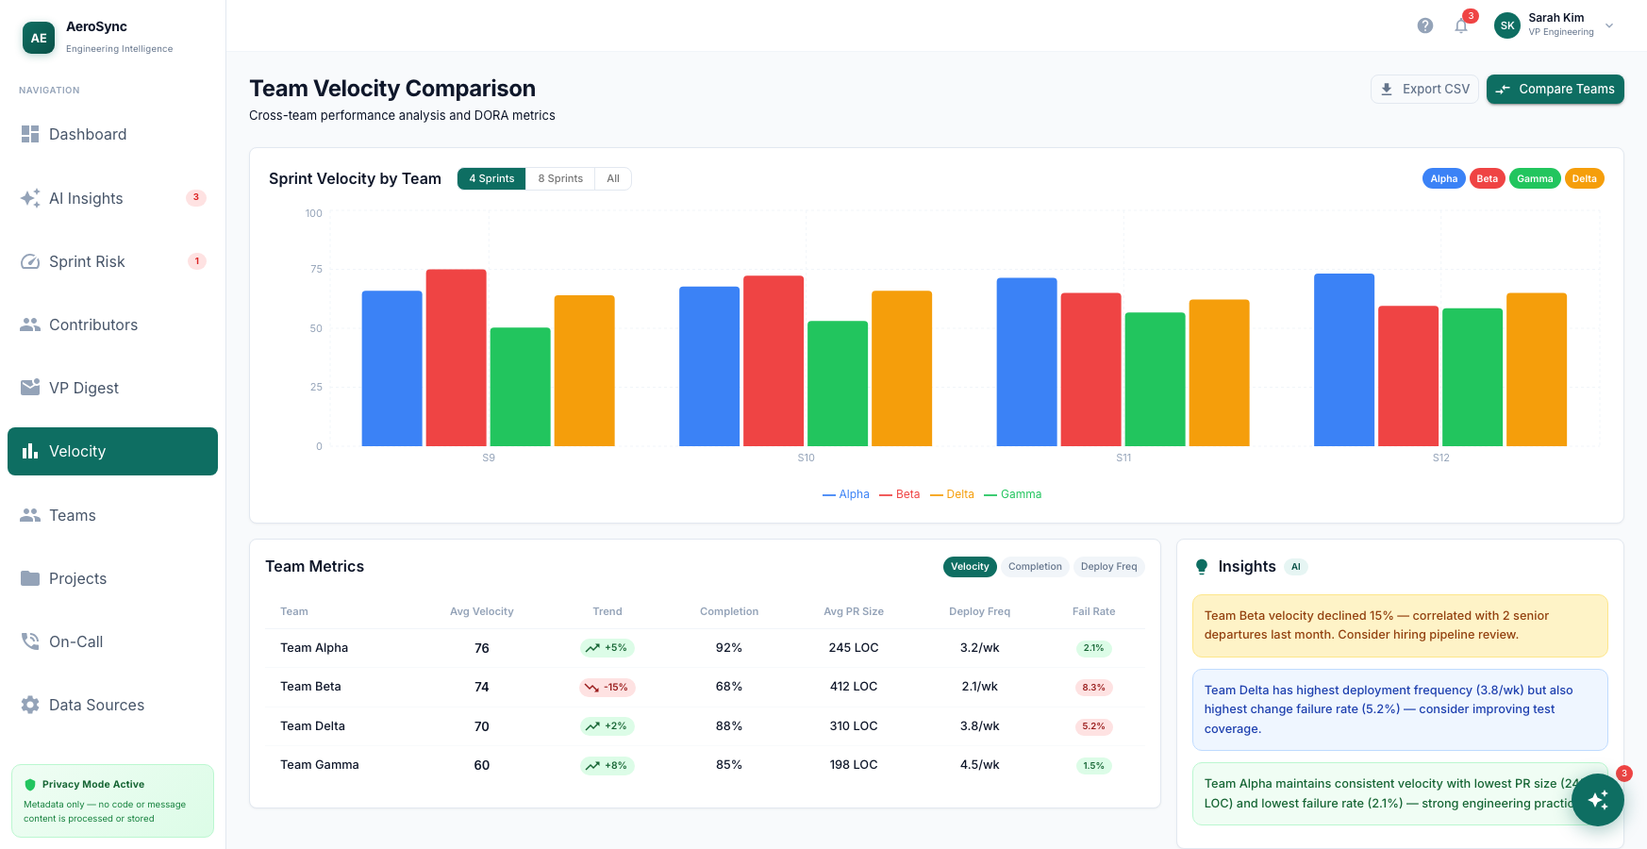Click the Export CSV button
1424,89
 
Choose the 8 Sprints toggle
560,178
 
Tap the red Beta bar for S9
456,358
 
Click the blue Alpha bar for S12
1344,359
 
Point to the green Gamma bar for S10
838,383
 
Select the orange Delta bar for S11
1219,373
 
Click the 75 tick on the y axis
316,269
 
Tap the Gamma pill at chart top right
1535,178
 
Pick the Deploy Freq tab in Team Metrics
1108,567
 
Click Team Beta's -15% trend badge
607,688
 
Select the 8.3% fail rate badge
1093,688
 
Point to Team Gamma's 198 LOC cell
854,765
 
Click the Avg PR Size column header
854,611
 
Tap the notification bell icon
1461,25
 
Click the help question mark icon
1425,25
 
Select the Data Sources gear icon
30,705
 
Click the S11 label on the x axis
1123,458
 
